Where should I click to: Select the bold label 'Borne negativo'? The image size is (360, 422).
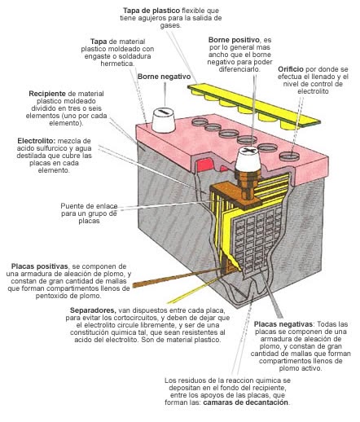[x=159, y=76]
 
